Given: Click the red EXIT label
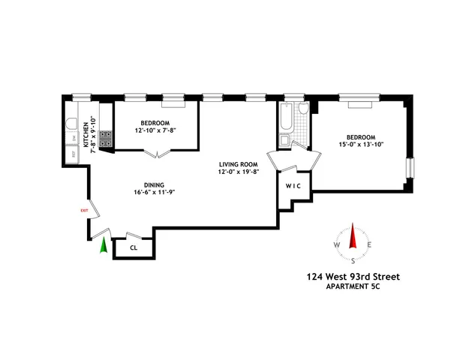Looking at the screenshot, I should click(84, 211).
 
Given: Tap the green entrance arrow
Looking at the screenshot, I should click(103, 245).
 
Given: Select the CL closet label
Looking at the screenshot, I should click(134, 247).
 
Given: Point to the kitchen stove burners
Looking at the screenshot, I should click(106, 138).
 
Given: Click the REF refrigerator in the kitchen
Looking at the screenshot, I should click(74, 154).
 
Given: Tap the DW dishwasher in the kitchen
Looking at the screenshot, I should click(74, 138).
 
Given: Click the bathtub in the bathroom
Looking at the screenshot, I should click(286, 123).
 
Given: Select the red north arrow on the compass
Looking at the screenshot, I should click(353, 234).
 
